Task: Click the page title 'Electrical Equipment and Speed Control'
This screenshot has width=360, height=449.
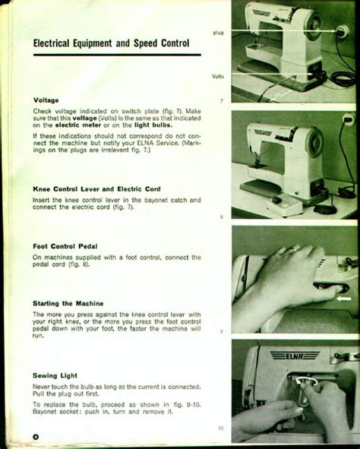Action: pos(111,43)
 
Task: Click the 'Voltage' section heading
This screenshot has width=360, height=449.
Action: pos(46,100)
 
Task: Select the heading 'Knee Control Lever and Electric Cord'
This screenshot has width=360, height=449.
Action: pos(96,189)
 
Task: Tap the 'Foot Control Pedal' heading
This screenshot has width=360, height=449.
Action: pos(65,246)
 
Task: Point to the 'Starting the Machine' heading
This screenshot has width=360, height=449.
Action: pos(68,303)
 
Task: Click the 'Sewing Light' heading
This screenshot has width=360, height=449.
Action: pos(55,375)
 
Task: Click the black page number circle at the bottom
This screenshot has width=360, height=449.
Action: pos(36,437)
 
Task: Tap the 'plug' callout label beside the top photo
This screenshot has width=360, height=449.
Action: pos(218,33)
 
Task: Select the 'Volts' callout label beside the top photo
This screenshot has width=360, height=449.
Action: pos(218,76)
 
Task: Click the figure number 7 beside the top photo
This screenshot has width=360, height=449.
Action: pos(221,100)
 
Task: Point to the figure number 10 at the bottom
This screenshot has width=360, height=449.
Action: pos(221,428)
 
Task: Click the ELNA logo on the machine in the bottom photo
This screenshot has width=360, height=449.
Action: pos(295,356)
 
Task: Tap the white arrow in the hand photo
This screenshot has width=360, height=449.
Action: pos(344,299)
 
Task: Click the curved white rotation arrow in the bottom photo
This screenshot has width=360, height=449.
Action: pos(307,381)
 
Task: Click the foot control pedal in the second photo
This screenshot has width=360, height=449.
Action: pos(285,204)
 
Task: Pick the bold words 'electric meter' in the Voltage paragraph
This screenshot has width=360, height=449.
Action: pos(77,125)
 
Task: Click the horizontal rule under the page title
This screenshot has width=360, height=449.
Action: pos(117,55)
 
